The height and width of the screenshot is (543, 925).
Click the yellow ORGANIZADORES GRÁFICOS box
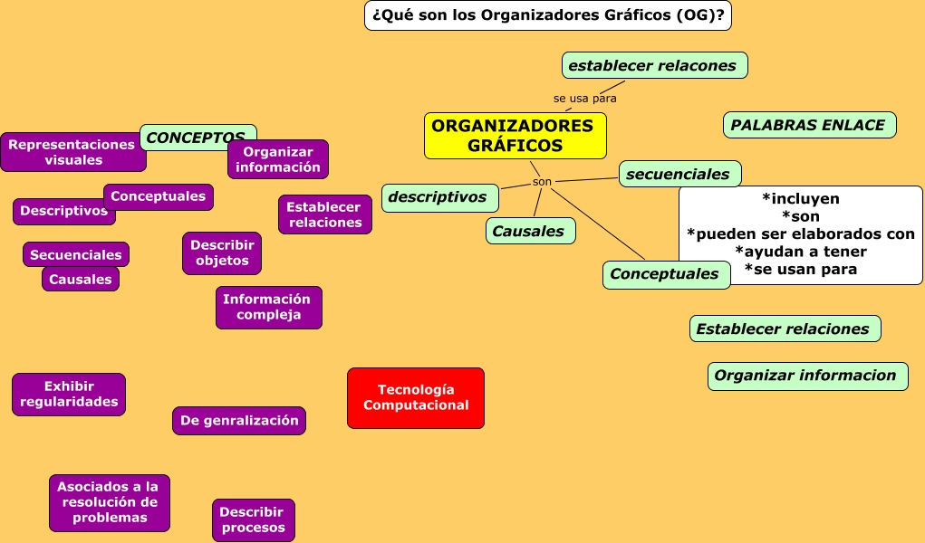tap(515, 135)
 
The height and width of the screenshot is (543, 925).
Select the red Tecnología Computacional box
tap(416, 397)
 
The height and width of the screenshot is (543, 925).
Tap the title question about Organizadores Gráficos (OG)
tap(548, 15)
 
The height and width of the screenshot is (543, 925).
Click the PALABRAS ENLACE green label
tap(809, 125)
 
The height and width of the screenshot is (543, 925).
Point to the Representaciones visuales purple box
tap(72, 152)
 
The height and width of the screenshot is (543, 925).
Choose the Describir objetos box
tap(222, 252)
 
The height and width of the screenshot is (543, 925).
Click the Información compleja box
tap(268, 307)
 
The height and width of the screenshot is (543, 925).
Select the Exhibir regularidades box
tap(69, 394)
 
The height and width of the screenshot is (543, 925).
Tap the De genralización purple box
tap(239, 420)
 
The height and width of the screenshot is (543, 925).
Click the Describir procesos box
tap(253, 519)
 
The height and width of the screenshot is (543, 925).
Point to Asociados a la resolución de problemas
tap(109, 502)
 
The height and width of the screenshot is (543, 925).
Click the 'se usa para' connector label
tap(584, 98)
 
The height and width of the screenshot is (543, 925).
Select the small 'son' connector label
tap(542, 182)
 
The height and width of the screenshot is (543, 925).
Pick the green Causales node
tap(530, 231)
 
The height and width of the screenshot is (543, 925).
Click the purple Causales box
tap(81, 279)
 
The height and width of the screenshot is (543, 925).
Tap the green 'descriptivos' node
tap(438, 196)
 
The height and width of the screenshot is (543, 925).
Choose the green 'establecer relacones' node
tap(654, 65)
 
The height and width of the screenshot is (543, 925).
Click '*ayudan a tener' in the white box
tap(800, 252)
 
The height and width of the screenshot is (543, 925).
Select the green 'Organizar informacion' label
tap(806, 376)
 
